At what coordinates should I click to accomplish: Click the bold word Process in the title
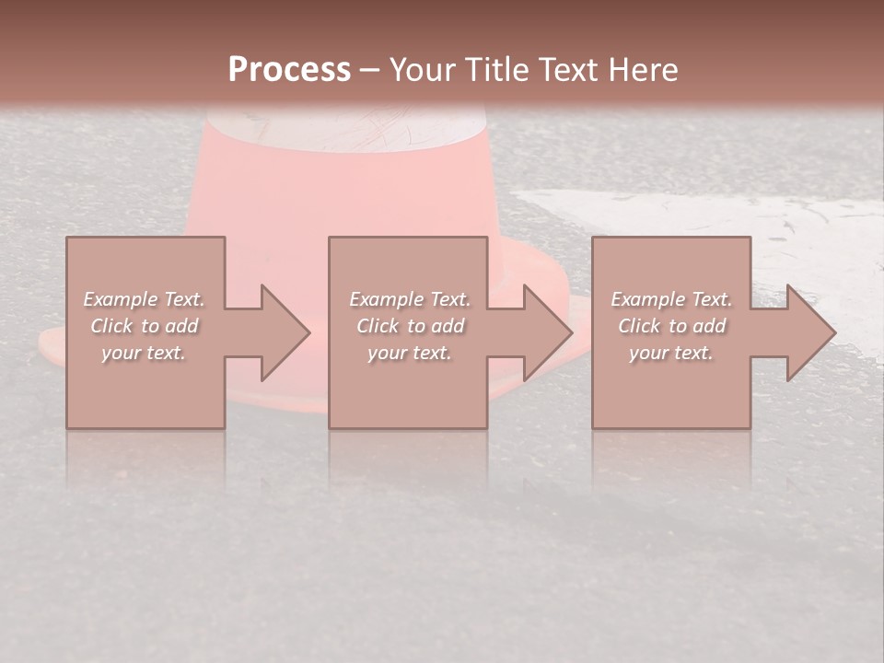[289, 70]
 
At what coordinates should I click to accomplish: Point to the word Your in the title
[422, 70]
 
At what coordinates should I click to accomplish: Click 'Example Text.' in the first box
[144, 299]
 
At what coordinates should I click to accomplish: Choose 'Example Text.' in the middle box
[410, 299]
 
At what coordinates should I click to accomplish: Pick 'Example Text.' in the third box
[671, 299]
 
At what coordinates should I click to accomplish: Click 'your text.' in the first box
[144, 353]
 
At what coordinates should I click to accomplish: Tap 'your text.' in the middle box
[410, 353]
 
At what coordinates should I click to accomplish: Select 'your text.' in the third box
[671, 353]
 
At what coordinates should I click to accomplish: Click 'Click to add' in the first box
[144, 326]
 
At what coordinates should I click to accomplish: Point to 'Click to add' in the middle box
[410, 326]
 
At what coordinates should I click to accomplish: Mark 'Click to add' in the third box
[671, 326]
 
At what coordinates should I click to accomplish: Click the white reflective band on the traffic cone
[345, 129]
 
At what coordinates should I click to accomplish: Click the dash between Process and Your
[370, 70]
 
